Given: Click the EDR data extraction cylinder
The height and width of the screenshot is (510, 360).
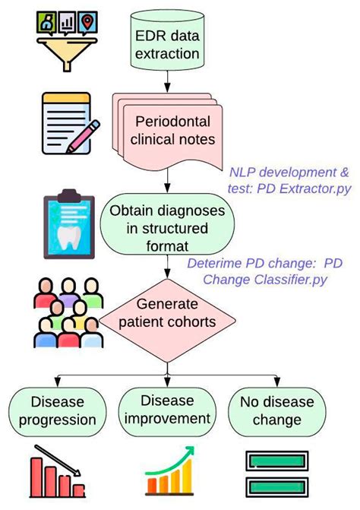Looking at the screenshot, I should (169, 43).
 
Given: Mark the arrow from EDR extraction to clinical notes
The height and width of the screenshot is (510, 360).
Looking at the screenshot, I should (169, 81).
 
